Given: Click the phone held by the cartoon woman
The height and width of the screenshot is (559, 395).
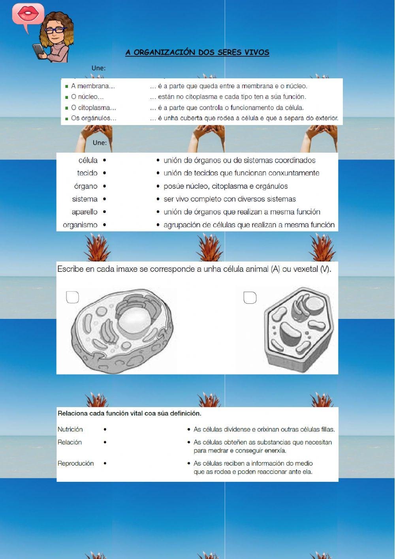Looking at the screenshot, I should coord(39,51).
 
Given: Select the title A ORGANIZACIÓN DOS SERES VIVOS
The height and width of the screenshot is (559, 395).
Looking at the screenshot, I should coord(197,52).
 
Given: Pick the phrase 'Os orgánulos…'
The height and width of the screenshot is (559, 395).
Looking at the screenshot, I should coord(94,118).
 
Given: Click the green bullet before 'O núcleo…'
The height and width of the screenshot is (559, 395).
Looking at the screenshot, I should coord(67,97).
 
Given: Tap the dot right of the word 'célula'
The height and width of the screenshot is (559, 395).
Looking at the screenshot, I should coord(104,160).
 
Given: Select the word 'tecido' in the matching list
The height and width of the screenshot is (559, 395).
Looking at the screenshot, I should coord(87,173).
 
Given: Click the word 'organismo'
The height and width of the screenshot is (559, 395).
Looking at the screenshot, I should coord(80,225).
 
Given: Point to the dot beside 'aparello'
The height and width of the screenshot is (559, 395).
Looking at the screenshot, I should coord(104,212).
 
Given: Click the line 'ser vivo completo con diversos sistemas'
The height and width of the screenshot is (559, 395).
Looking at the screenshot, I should coord(229,199).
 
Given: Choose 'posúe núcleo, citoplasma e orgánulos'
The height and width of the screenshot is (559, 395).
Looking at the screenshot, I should coord(226,186).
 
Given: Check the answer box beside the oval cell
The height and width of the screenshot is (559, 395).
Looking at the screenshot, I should coord(72,297).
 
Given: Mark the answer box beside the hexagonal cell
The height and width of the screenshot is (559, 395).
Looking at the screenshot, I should coord(250,298).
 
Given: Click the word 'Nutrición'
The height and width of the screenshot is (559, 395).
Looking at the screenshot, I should coord(70,429).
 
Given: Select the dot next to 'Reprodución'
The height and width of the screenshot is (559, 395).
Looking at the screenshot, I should coord(105,463).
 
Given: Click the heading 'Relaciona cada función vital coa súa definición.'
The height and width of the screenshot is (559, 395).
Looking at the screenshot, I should coord(130,413).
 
